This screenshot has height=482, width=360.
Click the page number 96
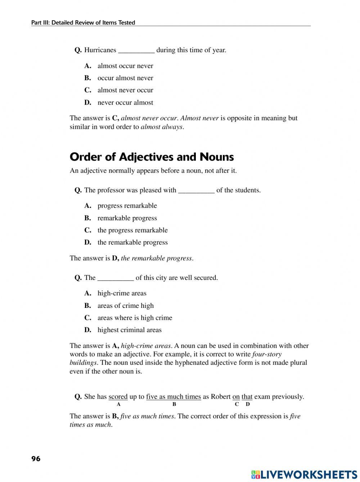point(36,459)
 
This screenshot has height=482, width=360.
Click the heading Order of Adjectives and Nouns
point(152,157)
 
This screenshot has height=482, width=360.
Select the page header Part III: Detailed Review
point(83,23)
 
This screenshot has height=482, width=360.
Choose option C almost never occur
point(125,90)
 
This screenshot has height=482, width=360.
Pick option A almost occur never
point(125,66)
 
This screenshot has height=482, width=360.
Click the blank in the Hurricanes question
point(136,50)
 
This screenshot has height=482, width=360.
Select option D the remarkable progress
point(132,242)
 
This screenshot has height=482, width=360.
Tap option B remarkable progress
point(127,218)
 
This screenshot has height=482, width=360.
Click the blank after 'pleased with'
point(196,191)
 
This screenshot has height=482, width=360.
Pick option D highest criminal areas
point(129,330)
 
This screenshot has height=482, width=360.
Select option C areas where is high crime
point(135,318)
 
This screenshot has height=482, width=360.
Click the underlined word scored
point(118,397)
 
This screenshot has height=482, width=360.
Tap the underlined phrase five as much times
point(173,397)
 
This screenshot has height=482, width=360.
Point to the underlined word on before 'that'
point(236,397)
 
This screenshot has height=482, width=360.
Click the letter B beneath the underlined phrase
point(174,404)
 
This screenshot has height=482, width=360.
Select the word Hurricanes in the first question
point(100,50)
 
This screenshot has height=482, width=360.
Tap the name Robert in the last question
point(221,397)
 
